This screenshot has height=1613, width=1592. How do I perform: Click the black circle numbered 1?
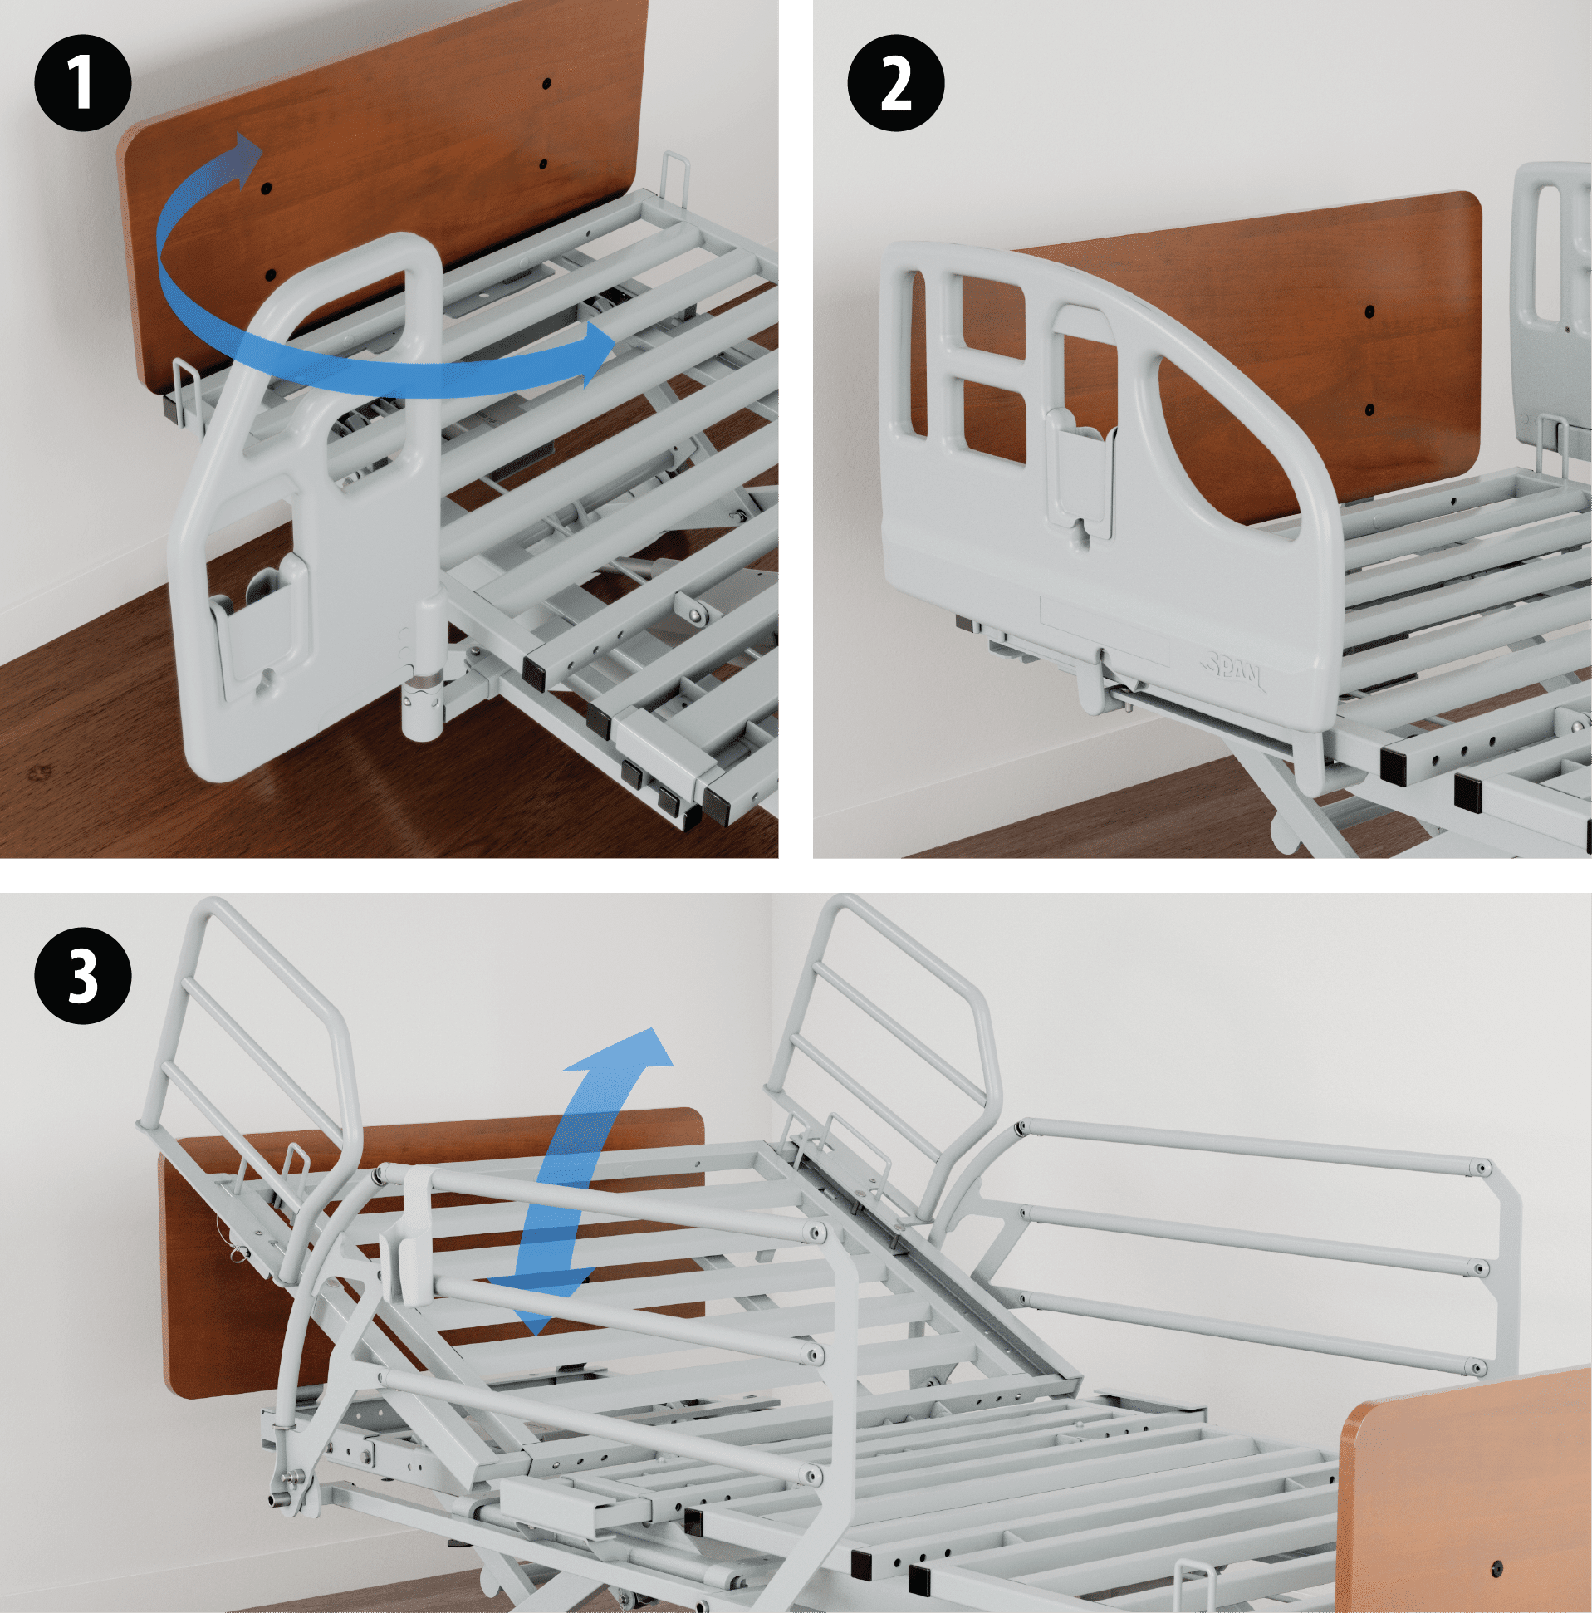82,84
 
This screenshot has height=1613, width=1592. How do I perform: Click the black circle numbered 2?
896,84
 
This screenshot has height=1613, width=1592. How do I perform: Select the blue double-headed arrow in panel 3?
585,1169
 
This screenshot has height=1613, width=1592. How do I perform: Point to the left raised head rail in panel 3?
251,1027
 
